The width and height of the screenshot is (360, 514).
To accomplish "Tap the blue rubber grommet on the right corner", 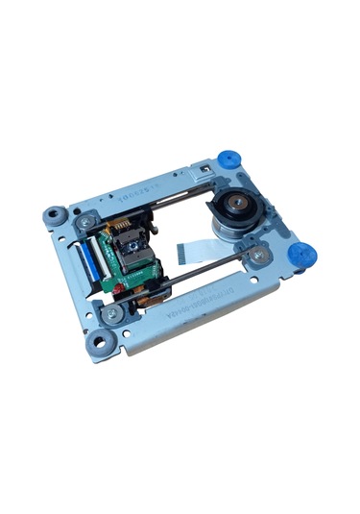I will coord(301,256).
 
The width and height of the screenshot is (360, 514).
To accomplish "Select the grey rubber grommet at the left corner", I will coord(54,217).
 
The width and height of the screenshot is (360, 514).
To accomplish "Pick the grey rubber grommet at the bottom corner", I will coord(98,339).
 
